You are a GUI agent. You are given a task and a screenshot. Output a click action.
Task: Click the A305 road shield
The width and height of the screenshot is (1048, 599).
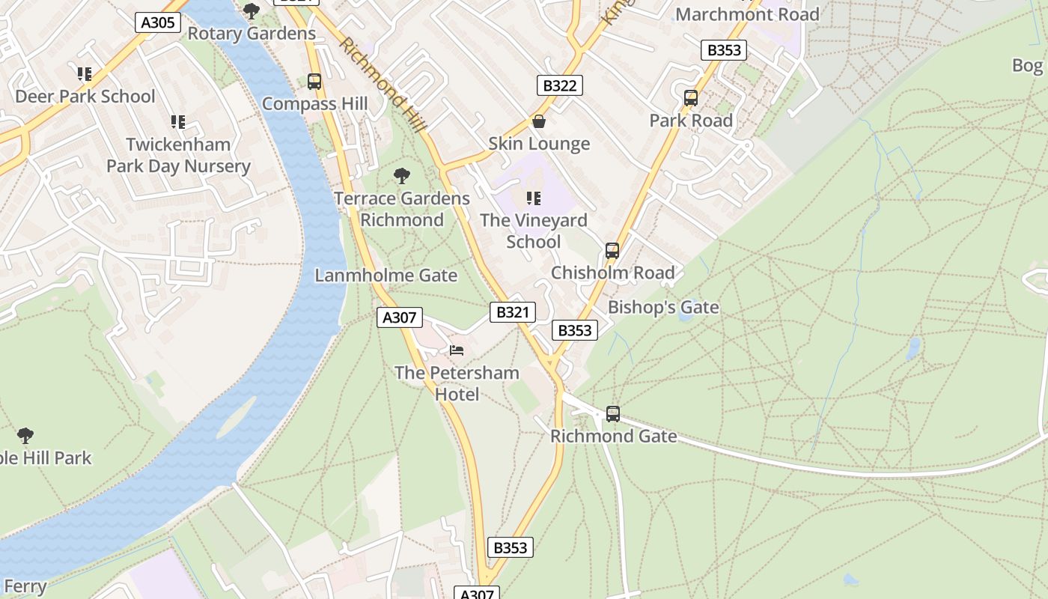[x=158, y=22]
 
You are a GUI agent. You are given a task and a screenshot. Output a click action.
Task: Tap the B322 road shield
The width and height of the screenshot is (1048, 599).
[x=559, y=85]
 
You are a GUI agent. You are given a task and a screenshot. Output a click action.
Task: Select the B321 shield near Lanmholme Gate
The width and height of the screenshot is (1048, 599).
[x=513, y=312]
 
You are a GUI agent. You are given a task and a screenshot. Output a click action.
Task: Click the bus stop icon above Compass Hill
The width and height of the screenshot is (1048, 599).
[x=314, y=82]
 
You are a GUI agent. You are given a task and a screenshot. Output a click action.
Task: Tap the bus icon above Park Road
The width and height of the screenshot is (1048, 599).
[x=691, y=98]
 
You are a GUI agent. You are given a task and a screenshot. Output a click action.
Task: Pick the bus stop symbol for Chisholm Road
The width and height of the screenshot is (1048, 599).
[x=612, y=251]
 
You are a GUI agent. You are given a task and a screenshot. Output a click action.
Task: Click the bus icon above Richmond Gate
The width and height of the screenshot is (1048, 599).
[x=613, y=413]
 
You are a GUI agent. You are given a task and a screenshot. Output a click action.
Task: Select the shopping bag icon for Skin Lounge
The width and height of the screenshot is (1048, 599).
[x=538, y=121]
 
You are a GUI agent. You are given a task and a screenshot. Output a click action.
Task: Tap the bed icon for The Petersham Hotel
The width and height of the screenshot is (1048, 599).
[x=457, y=350]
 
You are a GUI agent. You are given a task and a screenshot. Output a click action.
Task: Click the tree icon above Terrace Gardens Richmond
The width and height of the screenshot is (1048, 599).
[x=402, y=176]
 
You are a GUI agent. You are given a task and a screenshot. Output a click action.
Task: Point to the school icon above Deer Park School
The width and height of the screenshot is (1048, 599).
[x=85, y=74]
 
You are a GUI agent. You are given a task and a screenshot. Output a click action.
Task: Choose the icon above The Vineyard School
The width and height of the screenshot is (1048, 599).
[x=533, y=198]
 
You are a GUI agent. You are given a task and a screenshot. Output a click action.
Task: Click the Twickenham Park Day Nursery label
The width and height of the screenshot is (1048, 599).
[x=178, y=155]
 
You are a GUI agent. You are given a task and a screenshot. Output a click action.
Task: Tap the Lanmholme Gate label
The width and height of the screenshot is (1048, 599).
[x=386, y=276]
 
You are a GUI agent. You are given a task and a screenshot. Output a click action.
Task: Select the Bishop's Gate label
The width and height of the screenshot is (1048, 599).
[x=663, y=307]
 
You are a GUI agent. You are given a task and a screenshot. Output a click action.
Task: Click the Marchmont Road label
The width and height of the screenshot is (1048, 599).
[x=747, y=14]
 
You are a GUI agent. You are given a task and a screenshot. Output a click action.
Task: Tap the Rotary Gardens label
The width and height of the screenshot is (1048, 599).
[x=252, y=34]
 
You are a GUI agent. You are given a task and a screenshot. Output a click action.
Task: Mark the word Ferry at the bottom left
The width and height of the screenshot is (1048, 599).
[x=25, y=586]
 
